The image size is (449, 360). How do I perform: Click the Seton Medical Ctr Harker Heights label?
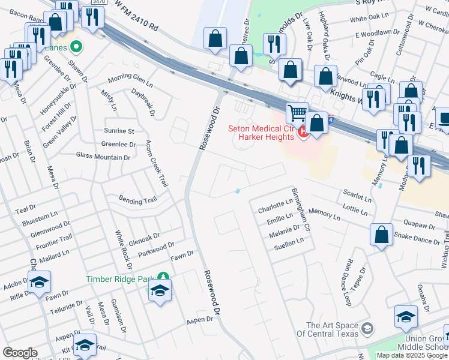(262, 132)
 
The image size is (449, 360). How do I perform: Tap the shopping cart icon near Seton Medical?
(297, 113)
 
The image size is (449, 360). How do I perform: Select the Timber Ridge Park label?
(119, 278)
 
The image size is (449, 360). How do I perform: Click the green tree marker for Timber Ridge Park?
(162, 277)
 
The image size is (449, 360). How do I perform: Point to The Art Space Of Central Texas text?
(331, 330)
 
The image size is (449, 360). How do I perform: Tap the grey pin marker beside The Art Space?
(367, 329)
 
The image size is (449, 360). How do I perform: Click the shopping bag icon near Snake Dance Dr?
(382, 235)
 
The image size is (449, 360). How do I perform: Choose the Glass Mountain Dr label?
(103, 157)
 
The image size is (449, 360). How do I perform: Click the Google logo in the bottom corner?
(20, 353)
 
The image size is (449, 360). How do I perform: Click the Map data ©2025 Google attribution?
(411, 355)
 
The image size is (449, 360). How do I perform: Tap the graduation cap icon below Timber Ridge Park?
(160, 292)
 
